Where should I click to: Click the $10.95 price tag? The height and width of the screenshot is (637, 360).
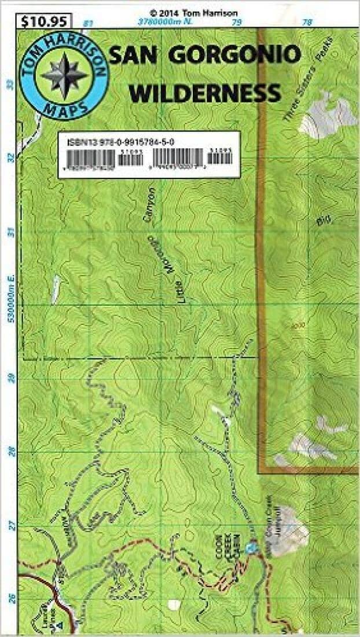(x=44, y=21)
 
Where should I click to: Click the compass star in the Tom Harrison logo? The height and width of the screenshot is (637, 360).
(x=64, y=74)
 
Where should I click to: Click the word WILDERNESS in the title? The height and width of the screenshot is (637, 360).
(x=205, y=92)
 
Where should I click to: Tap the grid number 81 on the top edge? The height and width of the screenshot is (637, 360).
(x=88, y=23)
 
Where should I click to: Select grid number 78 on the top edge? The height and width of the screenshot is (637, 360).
(x=307, y=23)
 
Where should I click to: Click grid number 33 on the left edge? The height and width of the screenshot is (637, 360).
(x=10, y=84)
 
